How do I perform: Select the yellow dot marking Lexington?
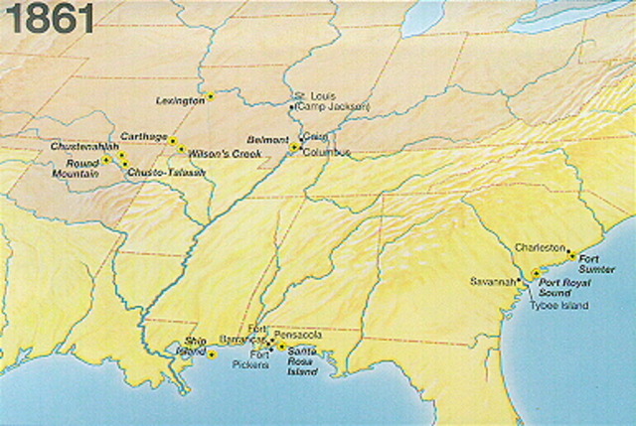click(211, 96)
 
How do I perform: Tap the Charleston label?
click(541, 247)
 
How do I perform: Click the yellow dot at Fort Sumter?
click(571, 255)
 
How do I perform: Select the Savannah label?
click(496, 281)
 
